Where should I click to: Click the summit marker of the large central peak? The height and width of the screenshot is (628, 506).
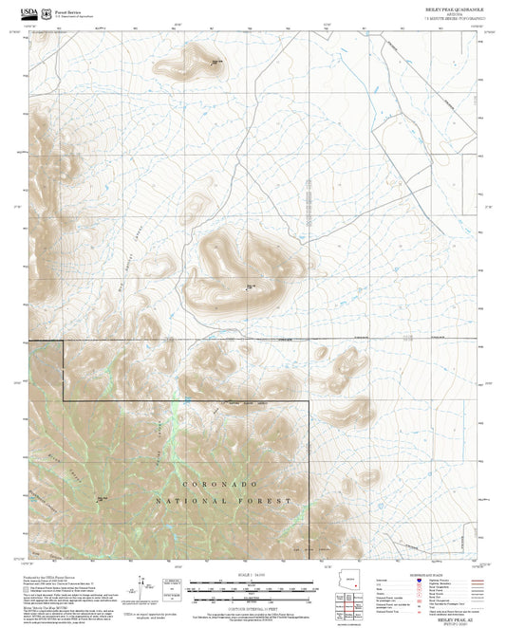[249, 288]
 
